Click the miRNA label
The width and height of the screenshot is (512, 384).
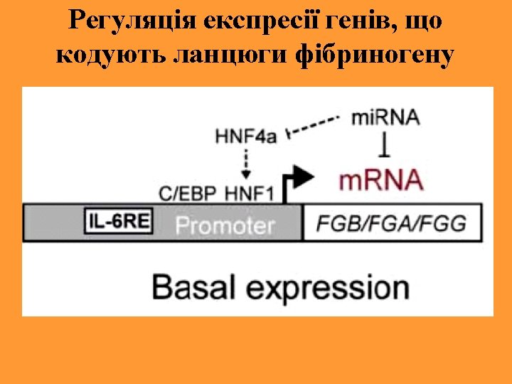385,117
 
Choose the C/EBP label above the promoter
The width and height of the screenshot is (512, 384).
186,192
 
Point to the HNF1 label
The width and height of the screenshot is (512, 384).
248,192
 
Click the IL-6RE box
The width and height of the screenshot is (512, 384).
119,222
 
